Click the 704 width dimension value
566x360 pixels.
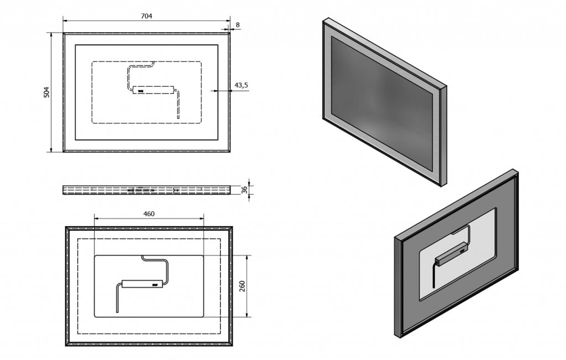[x=146, y=16]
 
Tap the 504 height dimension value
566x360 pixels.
[x=46, y=92]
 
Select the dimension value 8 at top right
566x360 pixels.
[x=238, y=24]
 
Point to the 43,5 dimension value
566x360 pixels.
[x=241, y=85]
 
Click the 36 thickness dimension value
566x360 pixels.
[x=244, y=190]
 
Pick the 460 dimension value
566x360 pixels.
[x=149, y=214]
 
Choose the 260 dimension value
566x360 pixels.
[x=242, y=286]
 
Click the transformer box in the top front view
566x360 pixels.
[x=154, y=90]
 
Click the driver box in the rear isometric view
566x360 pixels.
[x=452, y=254]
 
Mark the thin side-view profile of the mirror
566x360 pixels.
[x=146, y=190]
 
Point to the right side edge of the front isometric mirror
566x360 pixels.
[x=444, y=137]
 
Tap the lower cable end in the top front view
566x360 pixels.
[x=178, y=118]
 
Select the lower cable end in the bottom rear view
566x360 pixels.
[x=117, y=311]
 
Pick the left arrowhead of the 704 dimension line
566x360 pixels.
[x=66, y=20]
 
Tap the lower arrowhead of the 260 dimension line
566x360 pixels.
[x=247, y=315]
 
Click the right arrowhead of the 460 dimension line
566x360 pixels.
[x=201, y=218]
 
